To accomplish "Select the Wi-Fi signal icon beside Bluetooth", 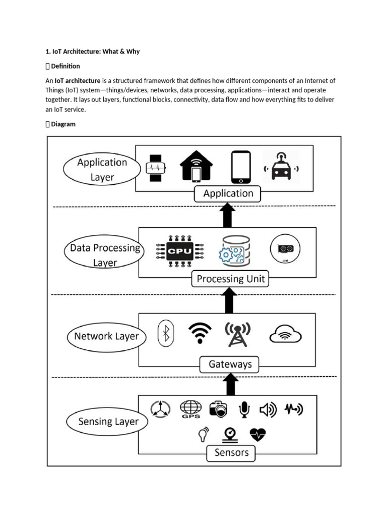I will coord(200,333).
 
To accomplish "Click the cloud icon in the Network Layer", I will coord(286,334).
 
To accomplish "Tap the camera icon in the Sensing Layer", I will coord(218,409).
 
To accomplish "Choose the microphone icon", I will coord(244,409).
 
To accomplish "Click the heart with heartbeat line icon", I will coord(257,434).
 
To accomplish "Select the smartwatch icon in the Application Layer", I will coord(155,167).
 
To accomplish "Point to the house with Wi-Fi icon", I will coord(196,166).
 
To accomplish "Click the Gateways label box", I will coord(229,364).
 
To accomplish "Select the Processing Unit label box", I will coord(230,279).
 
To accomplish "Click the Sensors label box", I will coord(231,452).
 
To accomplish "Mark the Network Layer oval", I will coord(106,337).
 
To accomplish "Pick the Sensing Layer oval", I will coord(108,422).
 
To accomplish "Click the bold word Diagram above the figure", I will coord(63,124).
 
